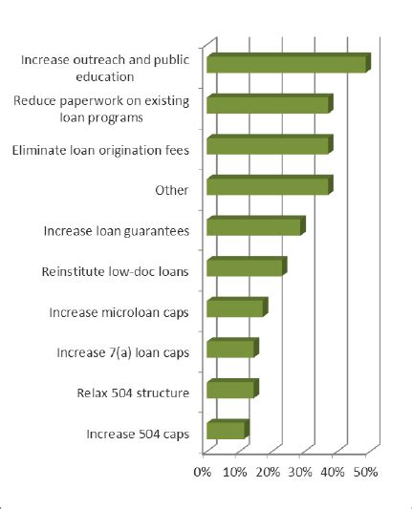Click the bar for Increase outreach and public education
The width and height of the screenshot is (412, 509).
287,64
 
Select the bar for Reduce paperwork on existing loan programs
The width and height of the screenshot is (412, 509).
268,105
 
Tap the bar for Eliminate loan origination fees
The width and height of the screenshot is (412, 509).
268,146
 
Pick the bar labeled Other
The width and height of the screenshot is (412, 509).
268,186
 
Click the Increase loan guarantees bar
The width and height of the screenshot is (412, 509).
254,227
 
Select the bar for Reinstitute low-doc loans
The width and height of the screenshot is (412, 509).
245,268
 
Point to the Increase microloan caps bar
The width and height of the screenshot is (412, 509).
235,308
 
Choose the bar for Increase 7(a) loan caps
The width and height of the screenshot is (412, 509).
230,350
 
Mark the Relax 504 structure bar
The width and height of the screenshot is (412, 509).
230,390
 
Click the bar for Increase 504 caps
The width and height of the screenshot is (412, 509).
226,431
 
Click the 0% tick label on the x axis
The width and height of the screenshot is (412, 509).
203,471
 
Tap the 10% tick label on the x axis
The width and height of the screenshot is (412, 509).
235,471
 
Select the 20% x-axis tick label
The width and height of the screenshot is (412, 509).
268,471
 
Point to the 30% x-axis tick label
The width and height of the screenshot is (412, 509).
300,471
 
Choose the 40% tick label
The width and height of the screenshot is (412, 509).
333,471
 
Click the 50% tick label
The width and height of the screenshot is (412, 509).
365,471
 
